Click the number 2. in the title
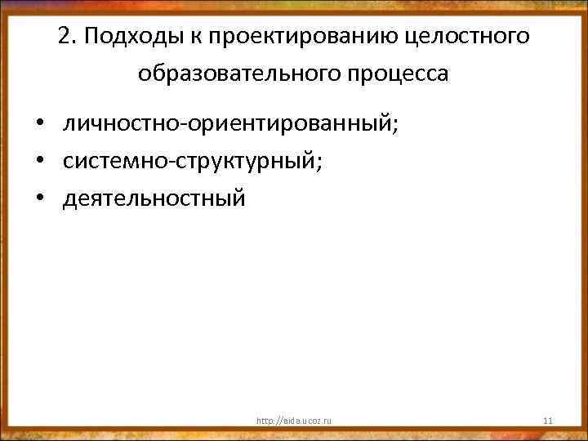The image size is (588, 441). [68, 37]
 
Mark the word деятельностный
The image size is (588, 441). [154, 198]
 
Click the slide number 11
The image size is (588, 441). [548, 421]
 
